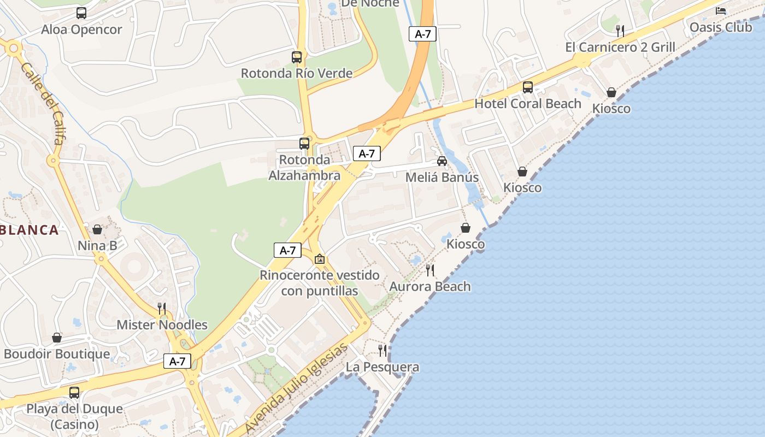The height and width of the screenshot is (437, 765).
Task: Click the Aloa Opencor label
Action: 81,29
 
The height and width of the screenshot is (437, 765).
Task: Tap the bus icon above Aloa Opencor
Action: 81,13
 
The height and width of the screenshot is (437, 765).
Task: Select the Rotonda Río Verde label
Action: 297,73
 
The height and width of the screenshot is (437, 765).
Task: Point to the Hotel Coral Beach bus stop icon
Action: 528,87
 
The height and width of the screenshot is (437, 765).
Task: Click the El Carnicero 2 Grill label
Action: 620,47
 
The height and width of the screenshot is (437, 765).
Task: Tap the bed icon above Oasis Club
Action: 721,10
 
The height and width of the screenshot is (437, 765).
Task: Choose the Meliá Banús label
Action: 442,178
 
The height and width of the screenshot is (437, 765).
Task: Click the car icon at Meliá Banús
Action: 442,161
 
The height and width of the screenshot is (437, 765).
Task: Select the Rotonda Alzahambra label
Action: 304,168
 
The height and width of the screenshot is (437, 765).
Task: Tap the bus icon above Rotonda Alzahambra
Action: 304,144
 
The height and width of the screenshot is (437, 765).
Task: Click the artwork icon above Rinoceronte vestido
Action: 320,258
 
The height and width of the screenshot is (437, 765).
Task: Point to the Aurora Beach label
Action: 430,286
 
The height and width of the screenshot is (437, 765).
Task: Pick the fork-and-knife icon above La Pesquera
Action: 382,350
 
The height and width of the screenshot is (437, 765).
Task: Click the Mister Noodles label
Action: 162,325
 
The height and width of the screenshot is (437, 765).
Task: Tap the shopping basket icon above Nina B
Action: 97,229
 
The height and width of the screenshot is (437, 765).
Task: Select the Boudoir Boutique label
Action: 57,354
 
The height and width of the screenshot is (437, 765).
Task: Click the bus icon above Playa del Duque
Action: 74,392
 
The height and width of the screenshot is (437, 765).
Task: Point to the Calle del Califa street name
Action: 43,103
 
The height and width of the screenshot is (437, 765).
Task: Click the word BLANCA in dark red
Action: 30,230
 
